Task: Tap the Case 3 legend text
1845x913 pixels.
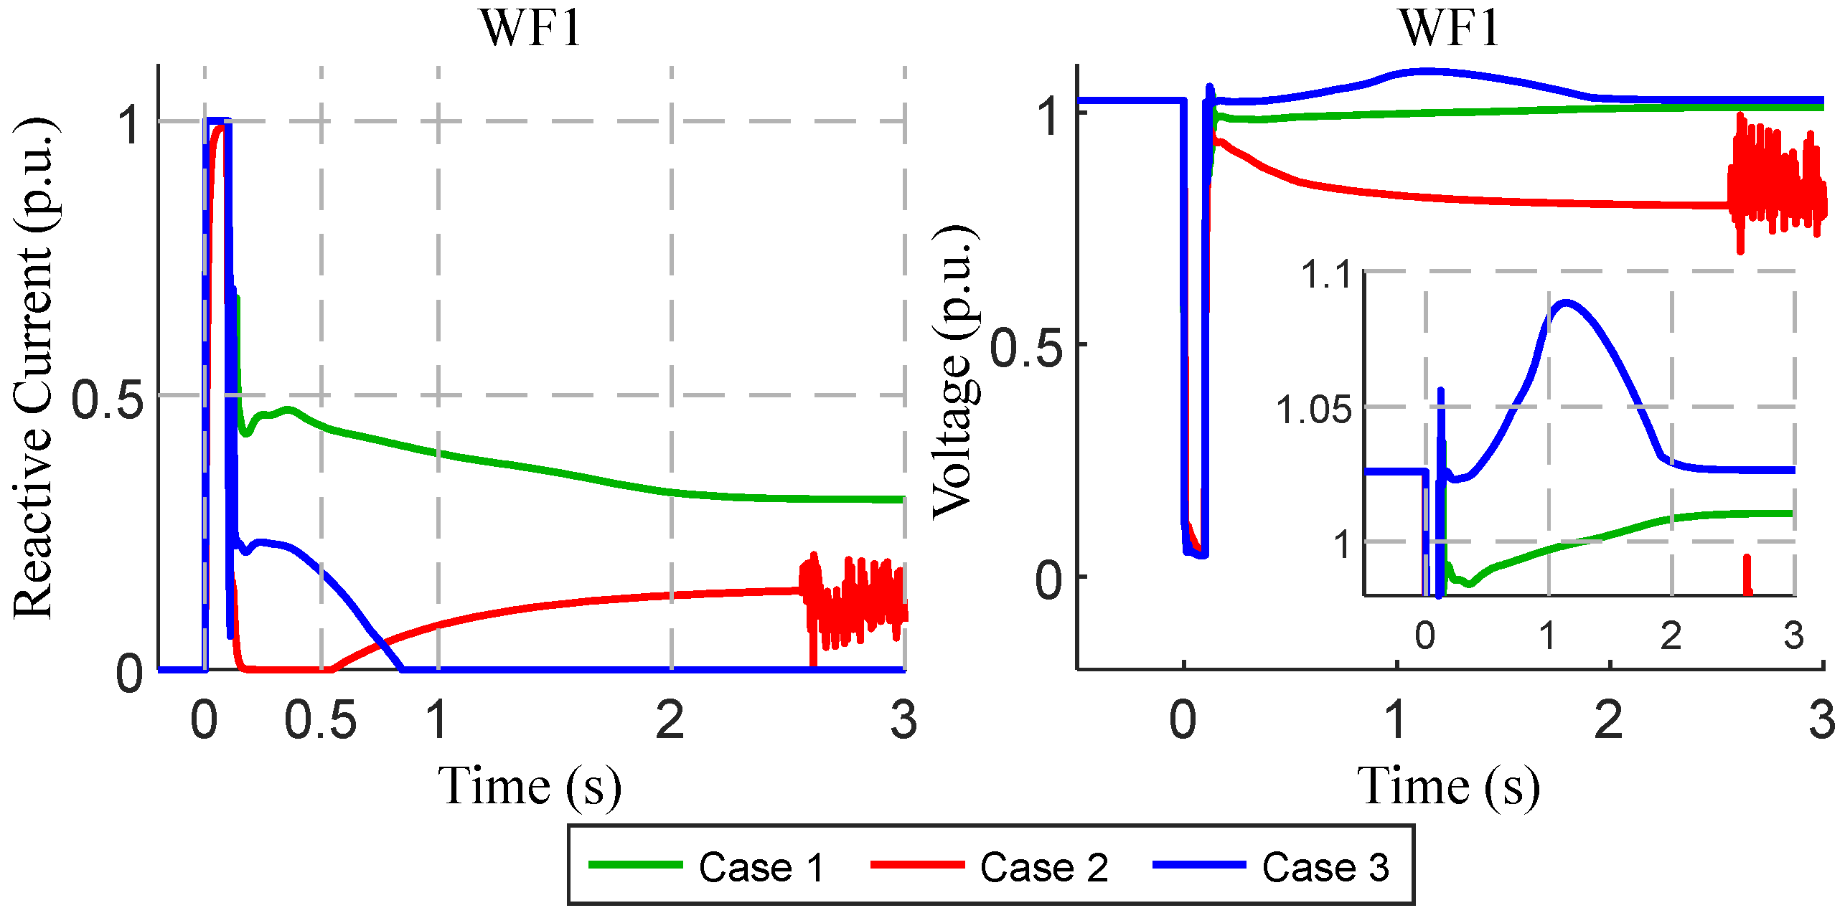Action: [1325, 867]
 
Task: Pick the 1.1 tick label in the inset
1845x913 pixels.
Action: [1326, 275]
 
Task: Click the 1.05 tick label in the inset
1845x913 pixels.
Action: [1313, 410]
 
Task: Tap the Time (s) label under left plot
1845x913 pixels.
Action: [530, 787]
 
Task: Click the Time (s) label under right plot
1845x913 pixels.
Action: [1448, 787]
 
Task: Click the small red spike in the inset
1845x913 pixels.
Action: [1747, 574]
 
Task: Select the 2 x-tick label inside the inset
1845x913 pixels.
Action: [1671, 635]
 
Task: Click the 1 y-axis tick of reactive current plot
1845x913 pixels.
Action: [131, 124]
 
